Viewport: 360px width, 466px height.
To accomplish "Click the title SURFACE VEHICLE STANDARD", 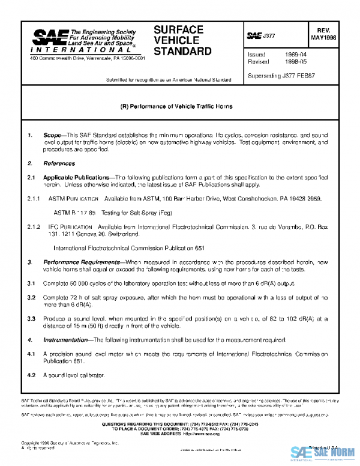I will pos(182,40).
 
